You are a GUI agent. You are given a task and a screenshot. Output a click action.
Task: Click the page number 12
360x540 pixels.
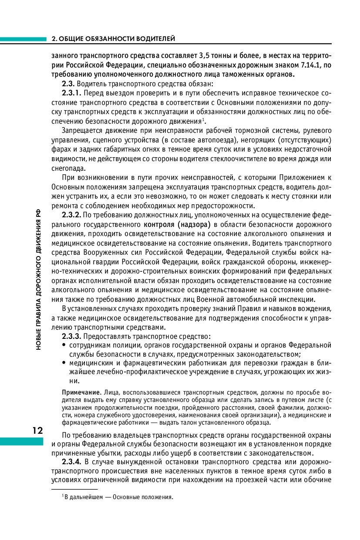pyautogui.click(x=37, y=431)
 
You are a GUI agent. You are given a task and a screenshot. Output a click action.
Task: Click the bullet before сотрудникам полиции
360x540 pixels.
pyautogui.click(x=64, y=345)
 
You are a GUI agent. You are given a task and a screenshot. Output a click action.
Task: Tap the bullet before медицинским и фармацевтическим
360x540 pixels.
pyautogui.click(x=64, y=363)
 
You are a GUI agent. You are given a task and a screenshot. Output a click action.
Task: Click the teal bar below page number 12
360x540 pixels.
pyautogui.click(x=22, y=442)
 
